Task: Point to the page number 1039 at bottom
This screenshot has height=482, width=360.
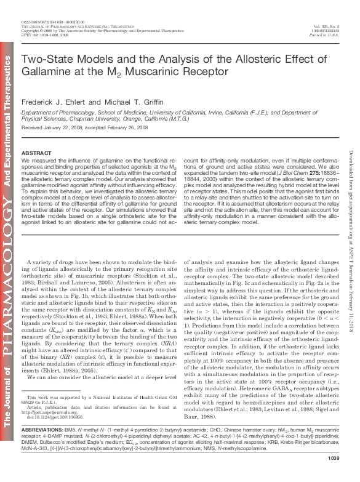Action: pos(334,475)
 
